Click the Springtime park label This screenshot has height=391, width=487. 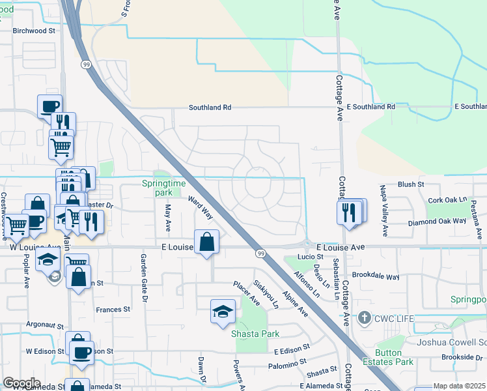(157, 188)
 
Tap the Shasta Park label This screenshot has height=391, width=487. (255, 334)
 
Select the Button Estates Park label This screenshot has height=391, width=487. (395, 357)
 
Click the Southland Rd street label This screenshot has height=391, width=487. (210, 108)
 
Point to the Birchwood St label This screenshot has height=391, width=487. (35, 30)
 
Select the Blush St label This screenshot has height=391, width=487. (411, 184)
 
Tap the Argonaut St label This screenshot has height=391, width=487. (45, 324)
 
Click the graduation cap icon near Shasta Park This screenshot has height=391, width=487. (222, 312)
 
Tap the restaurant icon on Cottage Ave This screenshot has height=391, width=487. (349, 212)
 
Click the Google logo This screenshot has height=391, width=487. (21, 383)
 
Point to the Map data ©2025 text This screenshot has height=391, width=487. (459, 386)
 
